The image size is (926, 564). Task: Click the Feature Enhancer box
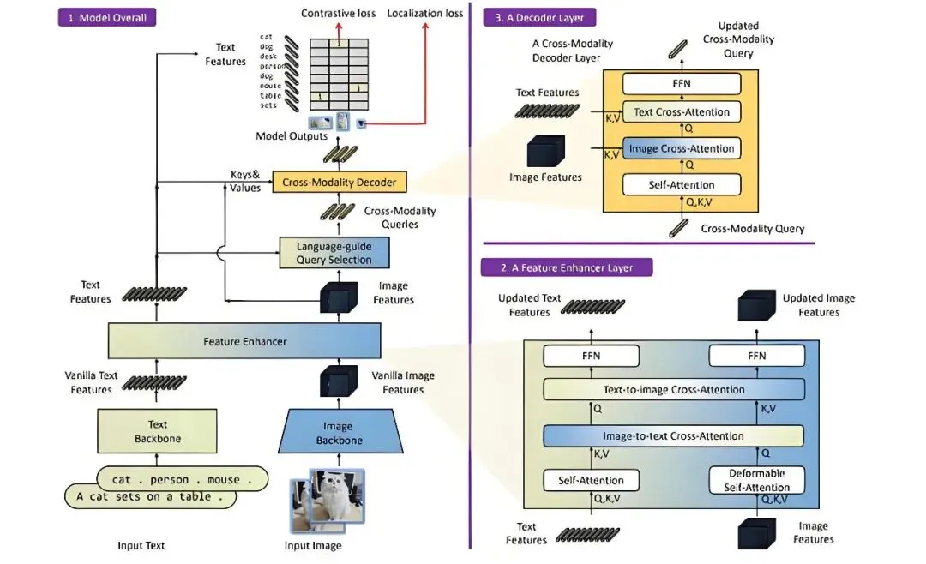click(244, 341)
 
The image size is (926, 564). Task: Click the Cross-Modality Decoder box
click(340, 182)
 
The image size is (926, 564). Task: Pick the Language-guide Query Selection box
click(334, 253)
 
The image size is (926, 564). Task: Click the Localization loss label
click(426, 14)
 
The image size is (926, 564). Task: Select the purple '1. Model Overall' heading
click(107, 17)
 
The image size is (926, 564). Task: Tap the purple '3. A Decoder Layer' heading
click(539, 17)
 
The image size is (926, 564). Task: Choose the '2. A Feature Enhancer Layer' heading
click(568, 267)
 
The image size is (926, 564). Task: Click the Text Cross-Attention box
click(682, 111)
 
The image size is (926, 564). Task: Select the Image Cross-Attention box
click(682, 148)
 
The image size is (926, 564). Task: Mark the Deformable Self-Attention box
click(757, 480)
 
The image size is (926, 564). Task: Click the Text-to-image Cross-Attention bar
click(673, 390)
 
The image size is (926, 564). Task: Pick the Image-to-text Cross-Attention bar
click(673, 436)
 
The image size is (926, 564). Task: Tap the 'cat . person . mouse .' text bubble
click(183, 479)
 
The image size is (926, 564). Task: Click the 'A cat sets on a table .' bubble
click(150, 496)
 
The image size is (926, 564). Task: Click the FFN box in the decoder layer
click(682, 83)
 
